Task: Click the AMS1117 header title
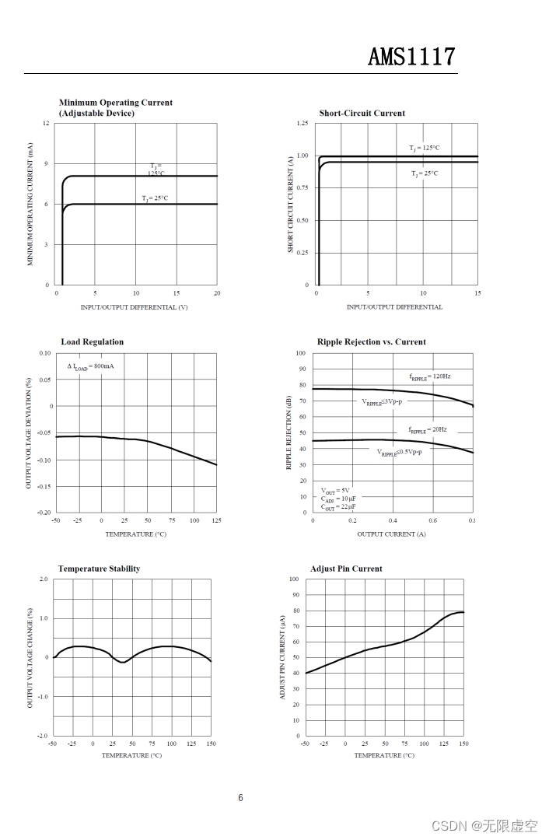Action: coord(411,57)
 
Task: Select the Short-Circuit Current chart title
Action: coord(362,113)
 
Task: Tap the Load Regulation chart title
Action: coord(92,341)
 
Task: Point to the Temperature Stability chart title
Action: coord(99,569)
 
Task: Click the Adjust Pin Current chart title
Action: coord(346,569)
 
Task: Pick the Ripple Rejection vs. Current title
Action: coord(371,341)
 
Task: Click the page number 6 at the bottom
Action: coord(240,797)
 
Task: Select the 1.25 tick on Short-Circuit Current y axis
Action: coord(302,124)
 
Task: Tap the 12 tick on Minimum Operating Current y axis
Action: coord(46,124)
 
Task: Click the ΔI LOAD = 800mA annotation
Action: coord(90,366)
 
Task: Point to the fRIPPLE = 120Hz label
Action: coord(429,376)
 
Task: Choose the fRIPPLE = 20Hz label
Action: coord(428,429)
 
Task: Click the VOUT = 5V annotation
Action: coord(335,491)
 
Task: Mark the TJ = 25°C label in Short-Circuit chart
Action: coord(425,173)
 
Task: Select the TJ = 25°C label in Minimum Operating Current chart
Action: coord(155,198)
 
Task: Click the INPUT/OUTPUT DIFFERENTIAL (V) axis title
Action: coord(134,307)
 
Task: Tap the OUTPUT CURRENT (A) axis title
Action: coord(391,534)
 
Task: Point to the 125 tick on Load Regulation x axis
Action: coord(216,520)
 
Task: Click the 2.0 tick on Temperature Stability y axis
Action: coord(43,579)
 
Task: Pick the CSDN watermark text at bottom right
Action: coord(484,824)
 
